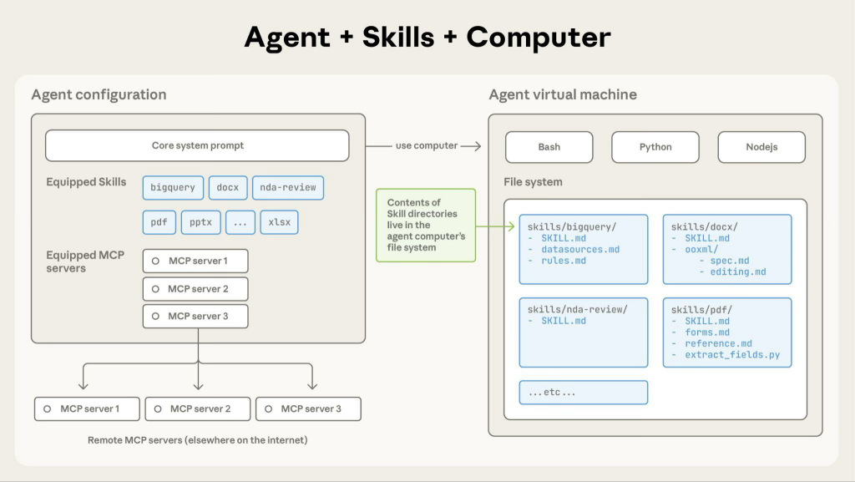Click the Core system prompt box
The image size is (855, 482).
click(x=197, y=145)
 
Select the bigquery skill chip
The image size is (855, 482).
click(x=173, y=187)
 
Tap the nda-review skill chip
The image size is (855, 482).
click(x=287, y=187)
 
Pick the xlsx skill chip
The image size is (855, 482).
click(x=279, y=222)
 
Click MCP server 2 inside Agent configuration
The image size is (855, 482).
click(x=195, y=289)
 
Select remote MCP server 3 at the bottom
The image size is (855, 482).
click(x=308, y=408)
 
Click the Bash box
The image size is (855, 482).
click(x=549, y=147)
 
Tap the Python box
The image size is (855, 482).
click(x=655, y=147)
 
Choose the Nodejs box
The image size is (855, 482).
click(x=761, y=147)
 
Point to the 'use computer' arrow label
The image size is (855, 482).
click(x=427, y=145)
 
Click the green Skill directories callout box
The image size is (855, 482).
click(x=426, y=225)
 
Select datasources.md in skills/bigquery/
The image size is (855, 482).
click(x=580, y=250)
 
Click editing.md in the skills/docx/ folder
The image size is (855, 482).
click(x=738, y=272)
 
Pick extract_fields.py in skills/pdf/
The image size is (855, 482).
click(x=732, y=355)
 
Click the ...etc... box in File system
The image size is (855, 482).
click(x=583, y=392)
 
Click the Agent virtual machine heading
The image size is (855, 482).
click(x=563, y=94)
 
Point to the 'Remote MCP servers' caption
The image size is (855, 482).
click(x=197, y=439)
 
